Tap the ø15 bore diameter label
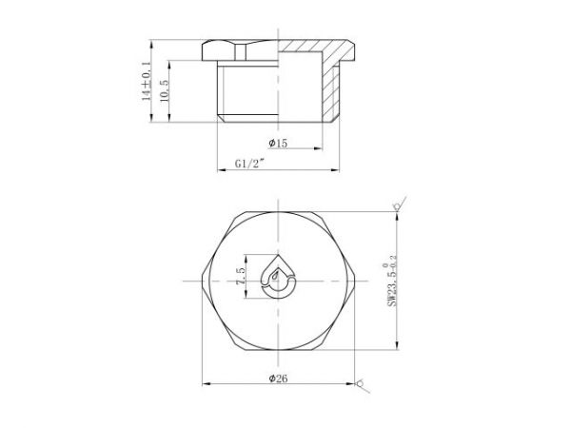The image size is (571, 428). click(278, 143)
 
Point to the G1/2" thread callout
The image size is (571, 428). click(249, 164)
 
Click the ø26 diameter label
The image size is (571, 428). click(279, 378)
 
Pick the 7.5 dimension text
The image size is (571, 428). click(242, 278)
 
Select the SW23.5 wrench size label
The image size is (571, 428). click(390, 278)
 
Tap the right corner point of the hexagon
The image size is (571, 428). click(357, 278)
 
